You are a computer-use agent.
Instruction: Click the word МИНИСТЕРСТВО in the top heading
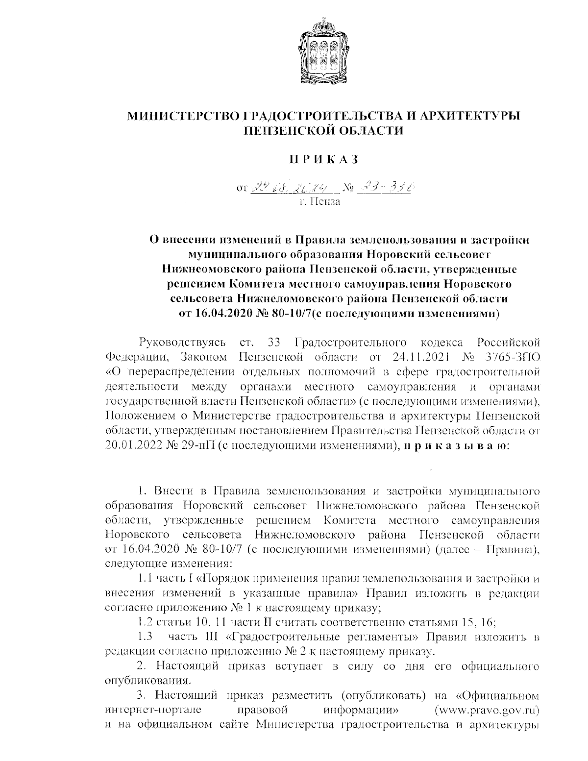184,117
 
